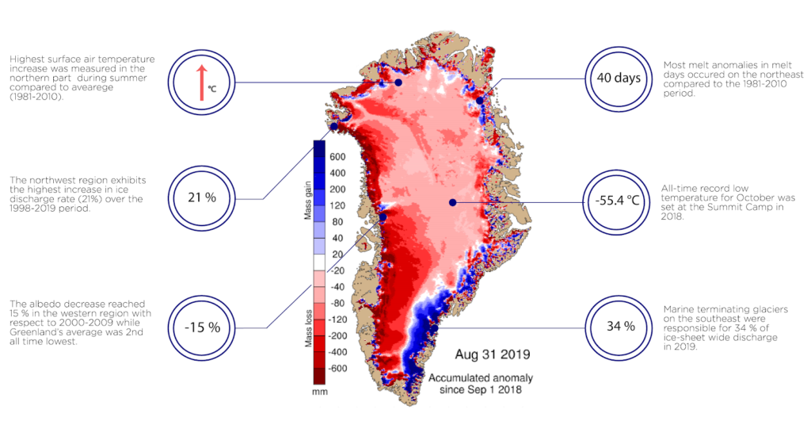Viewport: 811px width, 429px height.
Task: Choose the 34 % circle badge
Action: [616, 326]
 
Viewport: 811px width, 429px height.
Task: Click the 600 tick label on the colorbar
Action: [339, 156]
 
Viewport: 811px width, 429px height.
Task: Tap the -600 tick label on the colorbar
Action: [339, 368]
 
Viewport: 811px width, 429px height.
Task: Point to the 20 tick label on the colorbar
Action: [339, 255]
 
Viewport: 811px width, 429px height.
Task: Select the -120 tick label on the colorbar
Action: [339, 320]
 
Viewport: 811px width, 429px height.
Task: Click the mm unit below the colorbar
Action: [320, 391]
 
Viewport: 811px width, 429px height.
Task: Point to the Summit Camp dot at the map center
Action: [452, 203]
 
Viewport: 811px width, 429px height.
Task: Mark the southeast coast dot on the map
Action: [434, 327]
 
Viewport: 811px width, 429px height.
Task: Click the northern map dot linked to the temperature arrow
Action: [399, 82]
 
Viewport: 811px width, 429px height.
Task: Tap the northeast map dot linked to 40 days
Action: [479, 101]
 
